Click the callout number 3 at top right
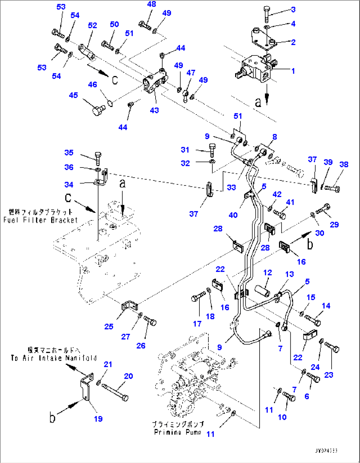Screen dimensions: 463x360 293,10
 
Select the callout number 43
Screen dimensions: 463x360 154,110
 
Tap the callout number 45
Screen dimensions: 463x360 73,95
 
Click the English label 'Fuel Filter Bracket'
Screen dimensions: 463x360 40,220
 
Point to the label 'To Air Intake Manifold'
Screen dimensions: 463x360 54,358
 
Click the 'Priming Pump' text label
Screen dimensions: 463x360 177,432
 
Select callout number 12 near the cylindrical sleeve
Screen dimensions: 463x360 268,273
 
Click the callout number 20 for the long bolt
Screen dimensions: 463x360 128,376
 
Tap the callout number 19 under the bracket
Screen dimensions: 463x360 98,419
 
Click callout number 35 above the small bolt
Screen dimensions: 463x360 69,152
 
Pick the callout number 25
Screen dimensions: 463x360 109,327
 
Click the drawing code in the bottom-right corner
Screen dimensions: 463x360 326,451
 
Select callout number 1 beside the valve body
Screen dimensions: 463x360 293,71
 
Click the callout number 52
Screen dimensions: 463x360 92,25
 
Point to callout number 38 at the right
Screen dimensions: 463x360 344,164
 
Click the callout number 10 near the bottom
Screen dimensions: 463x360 282,417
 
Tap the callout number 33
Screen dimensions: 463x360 231,187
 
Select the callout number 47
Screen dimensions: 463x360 191,72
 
